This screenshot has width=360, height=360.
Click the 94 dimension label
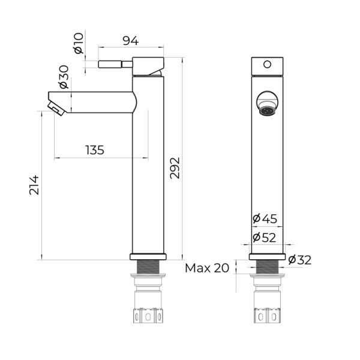(131, 41)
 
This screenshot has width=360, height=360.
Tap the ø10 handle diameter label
(79, 43)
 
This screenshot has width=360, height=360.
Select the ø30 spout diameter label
(64, 77)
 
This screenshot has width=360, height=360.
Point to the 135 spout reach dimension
(95, 150)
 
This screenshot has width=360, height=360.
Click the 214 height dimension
(34, 185)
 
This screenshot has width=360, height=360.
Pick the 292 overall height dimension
(175, 168)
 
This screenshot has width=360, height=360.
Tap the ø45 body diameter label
(265, 218)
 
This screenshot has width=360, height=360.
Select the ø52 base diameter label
(264, 238)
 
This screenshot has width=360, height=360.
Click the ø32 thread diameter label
(300, 260)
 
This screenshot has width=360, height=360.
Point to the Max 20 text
(207, 268)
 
